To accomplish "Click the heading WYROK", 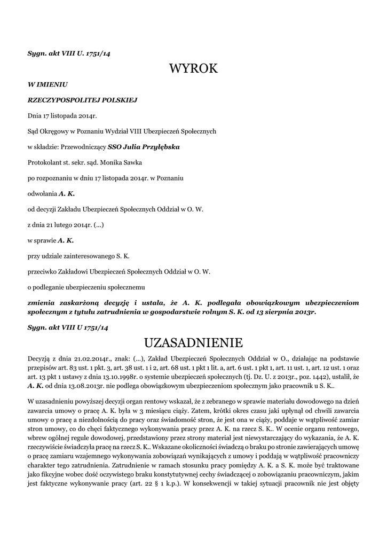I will (x=193, y=68).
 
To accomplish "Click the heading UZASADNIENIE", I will (x=193, y=341).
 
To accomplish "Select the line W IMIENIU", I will (x=48, y=84).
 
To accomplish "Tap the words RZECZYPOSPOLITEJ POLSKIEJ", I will (x=83, y=99).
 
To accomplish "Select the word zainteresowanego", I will (x=91, y=256).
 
